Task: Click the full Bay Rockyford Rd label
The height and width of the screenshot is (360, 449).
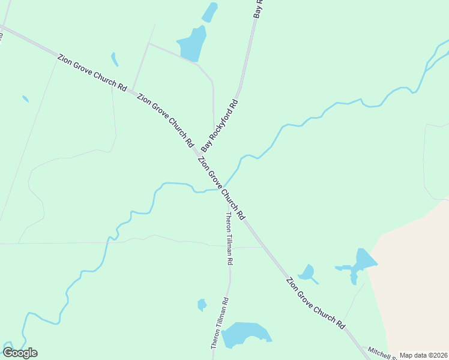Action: (220, 125)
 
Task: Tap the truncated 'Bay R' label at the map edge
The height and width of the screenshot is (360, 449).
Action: (258, 8)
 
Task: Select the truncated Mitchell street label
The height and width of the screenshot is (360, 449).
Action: (379, 352)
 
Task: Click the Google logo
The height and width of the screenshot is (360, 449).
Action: (20, 353)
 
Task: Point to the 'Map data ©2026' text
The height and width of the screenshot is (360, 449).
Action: (424, 355)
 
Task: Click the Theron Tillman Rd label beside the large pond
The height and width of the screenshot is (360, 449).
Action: (219, 323)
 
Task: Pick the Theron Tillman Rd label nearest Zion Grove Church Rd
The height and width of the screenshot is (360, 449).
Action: (229, 239)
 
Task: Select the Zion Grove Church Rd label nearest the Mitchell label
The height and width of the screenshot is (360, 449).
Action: (316, 302)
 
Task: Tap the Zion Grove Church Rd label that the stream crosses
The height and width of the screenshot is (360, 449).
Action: (221, 187)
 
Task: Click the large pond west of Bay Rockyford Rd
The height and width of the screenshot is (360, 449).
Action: (192, 43)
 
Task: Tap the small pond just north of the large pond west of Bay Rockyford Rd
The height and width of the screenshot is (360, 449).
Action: (209, 12)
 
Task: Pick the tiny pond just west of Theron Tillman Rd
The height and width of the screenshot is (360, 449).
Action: (202, 305)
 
